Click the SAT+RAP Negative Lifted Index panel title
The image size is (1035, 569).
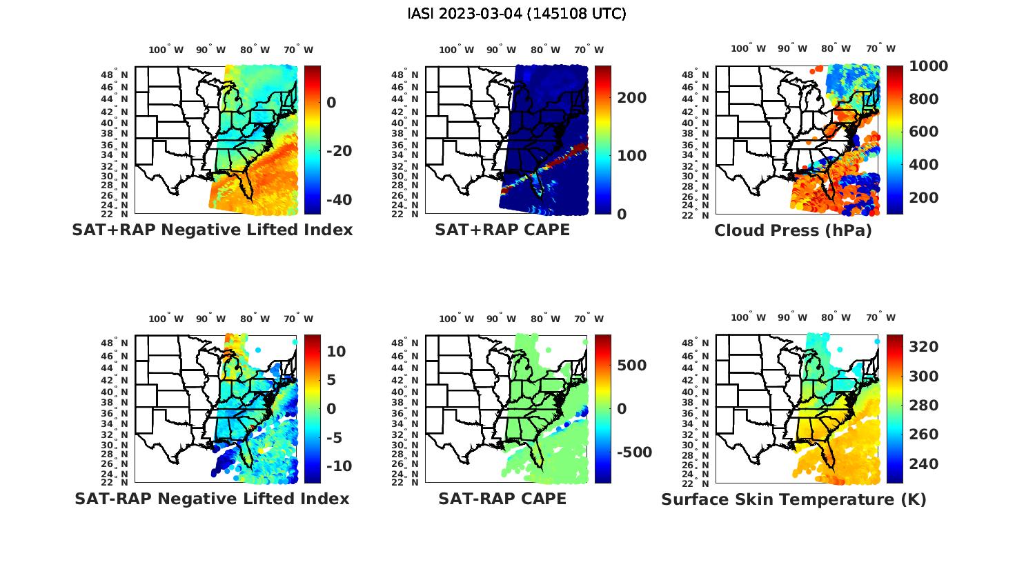point(212,230)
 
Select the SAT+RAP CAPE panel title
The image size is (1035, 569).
point(502,230)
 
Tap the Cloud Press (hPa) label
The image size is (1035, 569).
point(793,230)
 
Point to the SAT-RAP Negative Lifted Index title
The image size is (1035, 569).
point(212,499)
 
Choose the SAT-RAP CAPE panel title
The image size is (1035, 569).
point(502,499)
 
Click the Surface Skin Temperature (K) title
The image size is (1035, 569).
point(793,499)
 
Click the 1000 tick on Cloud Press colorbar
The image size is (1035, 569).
point(928,66)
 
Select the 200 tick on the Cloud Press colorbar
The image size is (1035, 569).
point(924,198)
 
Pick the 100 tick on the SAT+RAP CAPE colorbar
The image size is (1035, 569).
point(632,156)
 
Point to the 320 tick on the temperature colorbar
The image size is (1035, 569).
point(924,347)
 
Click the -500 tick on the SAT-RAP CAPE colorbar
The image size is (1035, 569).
point(633,452)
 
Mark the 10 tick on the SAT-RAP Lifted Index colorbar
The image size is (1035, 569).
point(336,352)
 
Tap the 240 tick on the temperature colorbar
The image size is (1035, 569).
point(924,464)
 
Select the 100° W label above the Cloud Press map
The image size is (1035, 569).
point(749,49)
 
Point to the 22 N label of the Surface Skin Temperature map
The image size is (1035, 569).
point(702,483)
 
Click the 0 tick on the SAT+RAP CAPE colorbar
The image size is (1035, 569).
point(622,214)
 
